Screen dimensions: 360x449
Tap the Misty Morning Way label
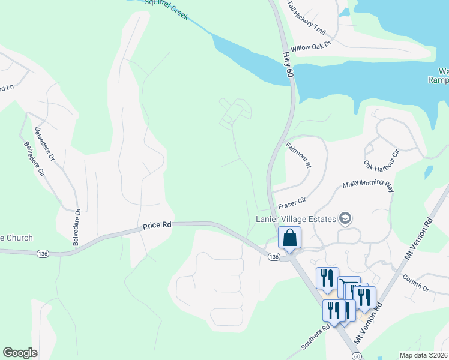click(368, 187)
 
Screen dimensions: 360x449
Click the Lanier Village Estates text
click(295, 219)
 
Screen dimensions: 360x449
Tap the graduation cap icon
click(345, 218)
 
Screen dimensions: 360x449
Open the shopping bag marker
click(289, 238)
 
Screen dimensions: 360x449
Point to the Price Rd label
click(157, 226)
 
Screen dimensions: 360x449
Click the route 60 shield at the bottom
click(357, 355)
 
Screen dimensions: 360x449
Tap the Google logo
click(20, 353)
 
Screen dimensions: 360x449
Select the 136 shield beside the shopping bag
click(274, 257)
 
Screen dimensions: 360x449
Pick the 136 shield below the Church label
click(42, 253)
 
